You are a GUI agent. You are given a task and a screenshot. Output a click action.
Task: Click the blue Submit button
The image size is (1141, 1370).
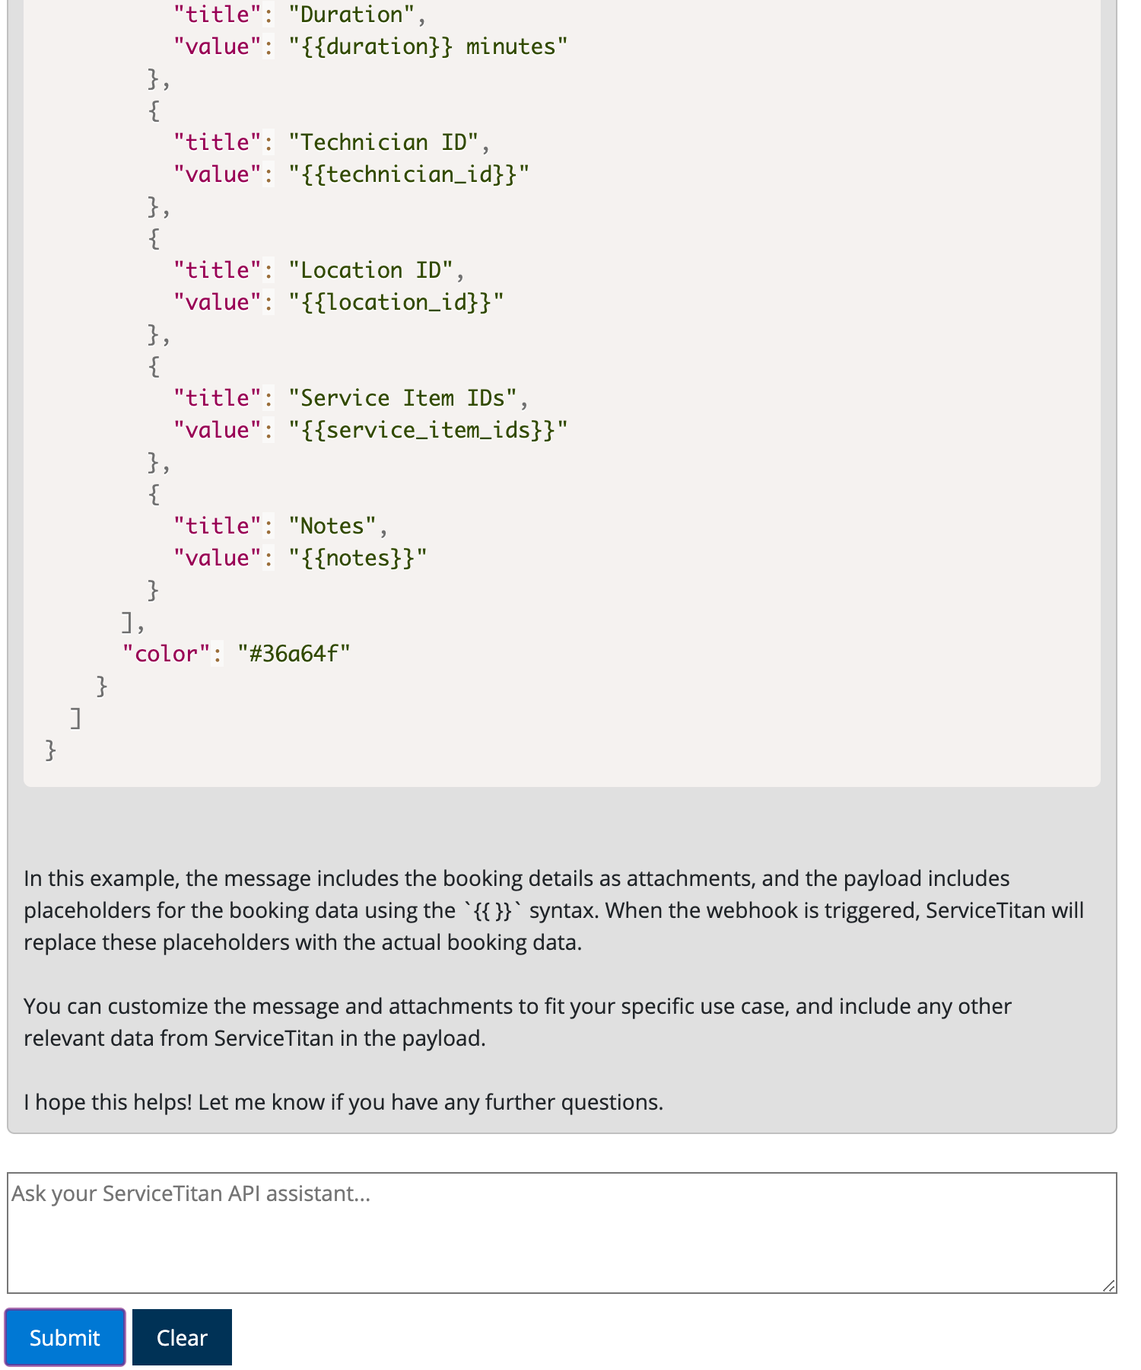pos(65,1337)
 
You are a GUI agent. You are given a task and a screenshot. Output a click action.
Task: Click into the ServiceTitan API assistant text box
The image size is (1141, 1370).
pos(561,1232)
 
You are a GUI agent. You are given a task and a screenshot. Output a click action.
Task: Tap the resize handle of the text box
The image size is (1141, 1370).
pos(1108,1286)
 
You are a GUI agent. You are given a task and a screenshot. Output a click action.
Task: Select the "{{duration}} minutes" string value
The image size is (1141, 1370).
pos(428,46)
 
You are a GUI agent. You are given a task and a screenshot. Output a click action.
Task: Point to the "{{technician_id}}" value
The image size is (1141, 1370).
pos(408,174)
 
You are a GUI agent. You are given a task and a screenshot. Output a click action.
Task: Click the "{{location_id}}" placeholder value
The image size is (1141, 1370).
pos(396,302)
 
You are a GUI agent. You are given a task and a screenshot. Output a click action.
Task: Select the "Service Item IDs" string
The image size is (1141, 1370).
pos(402,398)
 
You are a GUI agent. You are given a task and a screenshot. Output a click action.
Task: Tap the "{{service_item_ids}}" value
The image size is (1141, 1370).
pos(428,430)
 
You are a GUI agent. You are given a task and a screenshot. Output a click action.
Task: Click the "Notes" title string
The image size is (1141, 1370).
pos(332,526)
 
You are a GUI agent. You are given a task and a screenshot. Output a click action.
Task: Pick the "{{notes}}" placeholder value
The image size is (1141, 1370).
pos(358,558)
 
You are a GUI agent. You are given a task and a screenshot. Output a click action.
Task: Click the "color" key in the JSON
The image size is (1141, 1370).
pos(166,654)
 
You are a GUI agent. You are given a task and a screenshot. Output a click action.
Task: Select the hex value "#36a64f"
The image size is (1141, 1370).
pos(294,654)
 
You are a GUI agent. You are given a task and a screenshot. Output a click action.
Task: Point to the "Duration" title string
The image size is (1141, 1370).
pos(351,14)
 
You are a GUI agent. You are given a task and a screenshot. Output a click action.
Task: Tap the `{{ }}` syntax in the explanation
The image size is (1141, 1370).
pos(492,910)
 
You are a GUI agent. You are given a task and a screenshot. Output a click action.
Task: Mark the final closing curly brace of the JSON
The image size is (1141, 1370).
pos(51,750)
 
